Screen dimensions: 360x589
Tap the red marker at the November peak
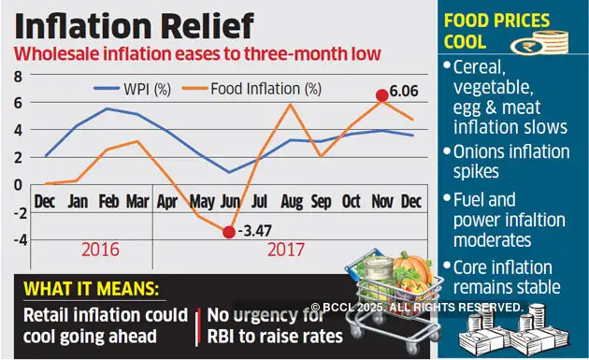click(x=381, y=95)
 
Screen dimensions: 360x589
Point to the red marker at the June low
click(x=227, y=231)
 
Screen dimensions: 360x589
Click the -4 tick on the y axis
click(x=15, y=238)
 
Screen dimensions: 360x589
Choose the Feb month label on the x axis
click(x=109, y=201)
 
